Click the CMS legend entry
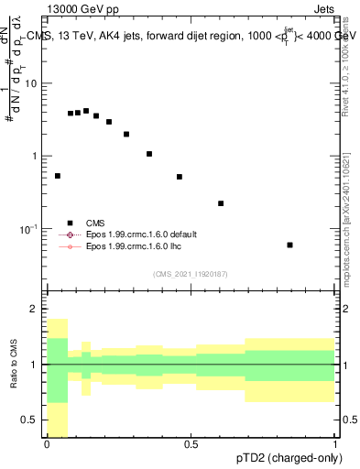coord(94,223)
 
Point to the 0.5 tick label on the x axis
coord(191,444)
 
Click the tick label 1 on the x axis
coord(334,444)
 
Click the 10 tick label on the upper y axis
coord(30,83)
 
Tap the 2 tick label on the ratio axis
coord(36,310)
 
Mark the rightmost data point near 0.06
coord(289,245)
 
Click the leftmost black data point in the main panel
coord(58,176)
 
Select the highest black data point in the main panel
coord(86,111)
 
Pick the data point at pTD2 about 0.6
coord(221,203)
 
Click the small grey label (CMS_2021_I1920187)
coord(191,273)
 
